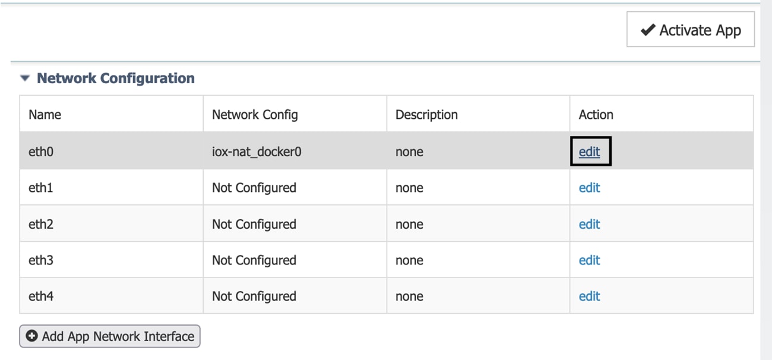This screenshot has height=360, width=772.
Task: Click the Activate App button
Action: tap(690, 29)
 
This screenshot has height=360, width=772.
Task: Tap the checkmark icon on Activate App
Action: tap(648, 30)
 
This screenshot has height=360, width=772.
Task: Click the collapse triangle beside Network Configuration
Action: tap(25, 78)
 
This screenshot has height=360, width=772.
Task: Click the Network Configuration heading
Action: tap(116, 78)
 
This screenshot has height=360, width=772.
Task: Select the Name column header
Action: tap(45, 115)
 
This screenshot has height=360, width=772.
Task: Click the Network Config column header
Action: tap(255, 115)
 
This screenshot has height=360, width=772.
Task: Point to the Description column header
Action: tap(426, 115)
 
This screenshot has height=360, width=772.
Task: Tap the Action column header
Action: tap(596, 115)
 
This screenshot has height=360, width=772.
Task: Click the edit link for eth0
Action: tap(589, 151)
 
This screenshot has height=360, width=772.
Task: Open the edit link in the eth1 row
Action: tap(589, 188)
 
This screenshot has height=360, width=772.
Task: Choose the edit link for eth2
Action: tap(589, 224)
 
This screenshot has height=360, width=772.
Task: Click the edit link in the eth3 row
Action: tap(589, 260)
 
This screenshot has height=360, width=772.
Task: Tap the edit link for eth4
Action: tap(589, 296)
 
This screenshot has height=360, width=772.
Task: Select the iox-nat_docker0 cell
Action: tap(257, 151)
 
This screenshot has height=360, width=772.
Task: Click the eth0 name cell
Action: tap(41, 151)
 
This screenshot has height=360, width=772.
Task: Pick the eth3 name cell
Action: tap(41, 260)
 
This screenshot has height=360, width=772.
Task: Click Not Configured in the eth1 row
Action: tap(254, 188)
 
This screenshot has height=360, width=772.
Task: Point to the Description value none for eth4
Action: tap(409, 296)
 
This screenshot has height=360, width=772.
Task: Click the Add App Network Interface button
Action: tap(110, 336)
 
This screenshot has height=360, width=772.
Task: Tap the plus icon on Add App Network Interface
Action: tap(31, 336)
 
